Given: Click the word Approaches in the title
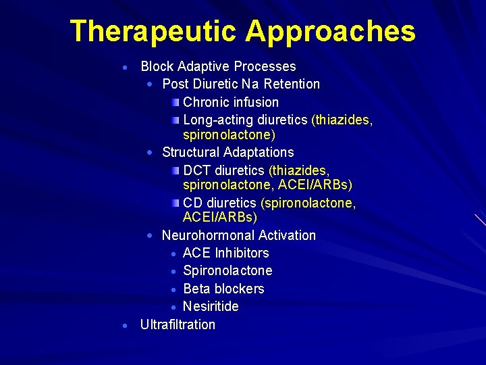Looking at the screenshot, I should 331,32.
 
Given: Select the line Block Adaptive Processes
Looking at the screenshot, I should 218,66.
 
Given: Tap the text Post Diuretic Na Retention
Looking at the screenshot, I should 241,84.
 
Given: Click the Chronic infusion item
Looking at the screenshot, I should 231,102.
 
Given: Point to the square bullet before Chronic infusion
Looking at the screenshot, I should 175,102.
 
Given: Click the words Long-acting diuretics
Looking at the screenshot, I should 246,120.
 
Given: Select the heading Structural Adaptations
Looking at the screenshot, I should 227,152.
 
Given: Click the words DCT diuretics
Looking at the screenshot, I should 225,169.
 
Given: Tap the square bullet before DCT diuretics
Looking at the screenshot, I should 175,169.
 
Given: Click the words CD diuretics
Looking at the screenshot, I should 221,203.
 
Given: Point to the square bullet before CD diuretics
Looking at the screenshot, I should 175,203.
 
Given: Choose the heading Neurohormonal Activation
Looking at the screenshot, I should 238,235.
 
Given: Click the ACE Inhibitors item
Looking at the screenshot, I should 225,253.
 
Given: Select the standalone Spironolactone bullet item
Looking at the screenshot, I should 227,270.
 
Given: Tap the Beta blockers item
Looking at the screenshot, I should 223,289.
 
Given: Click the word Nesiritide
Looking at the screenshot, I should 211,306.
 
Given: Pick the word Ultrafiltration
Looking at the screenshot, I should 178,324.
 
